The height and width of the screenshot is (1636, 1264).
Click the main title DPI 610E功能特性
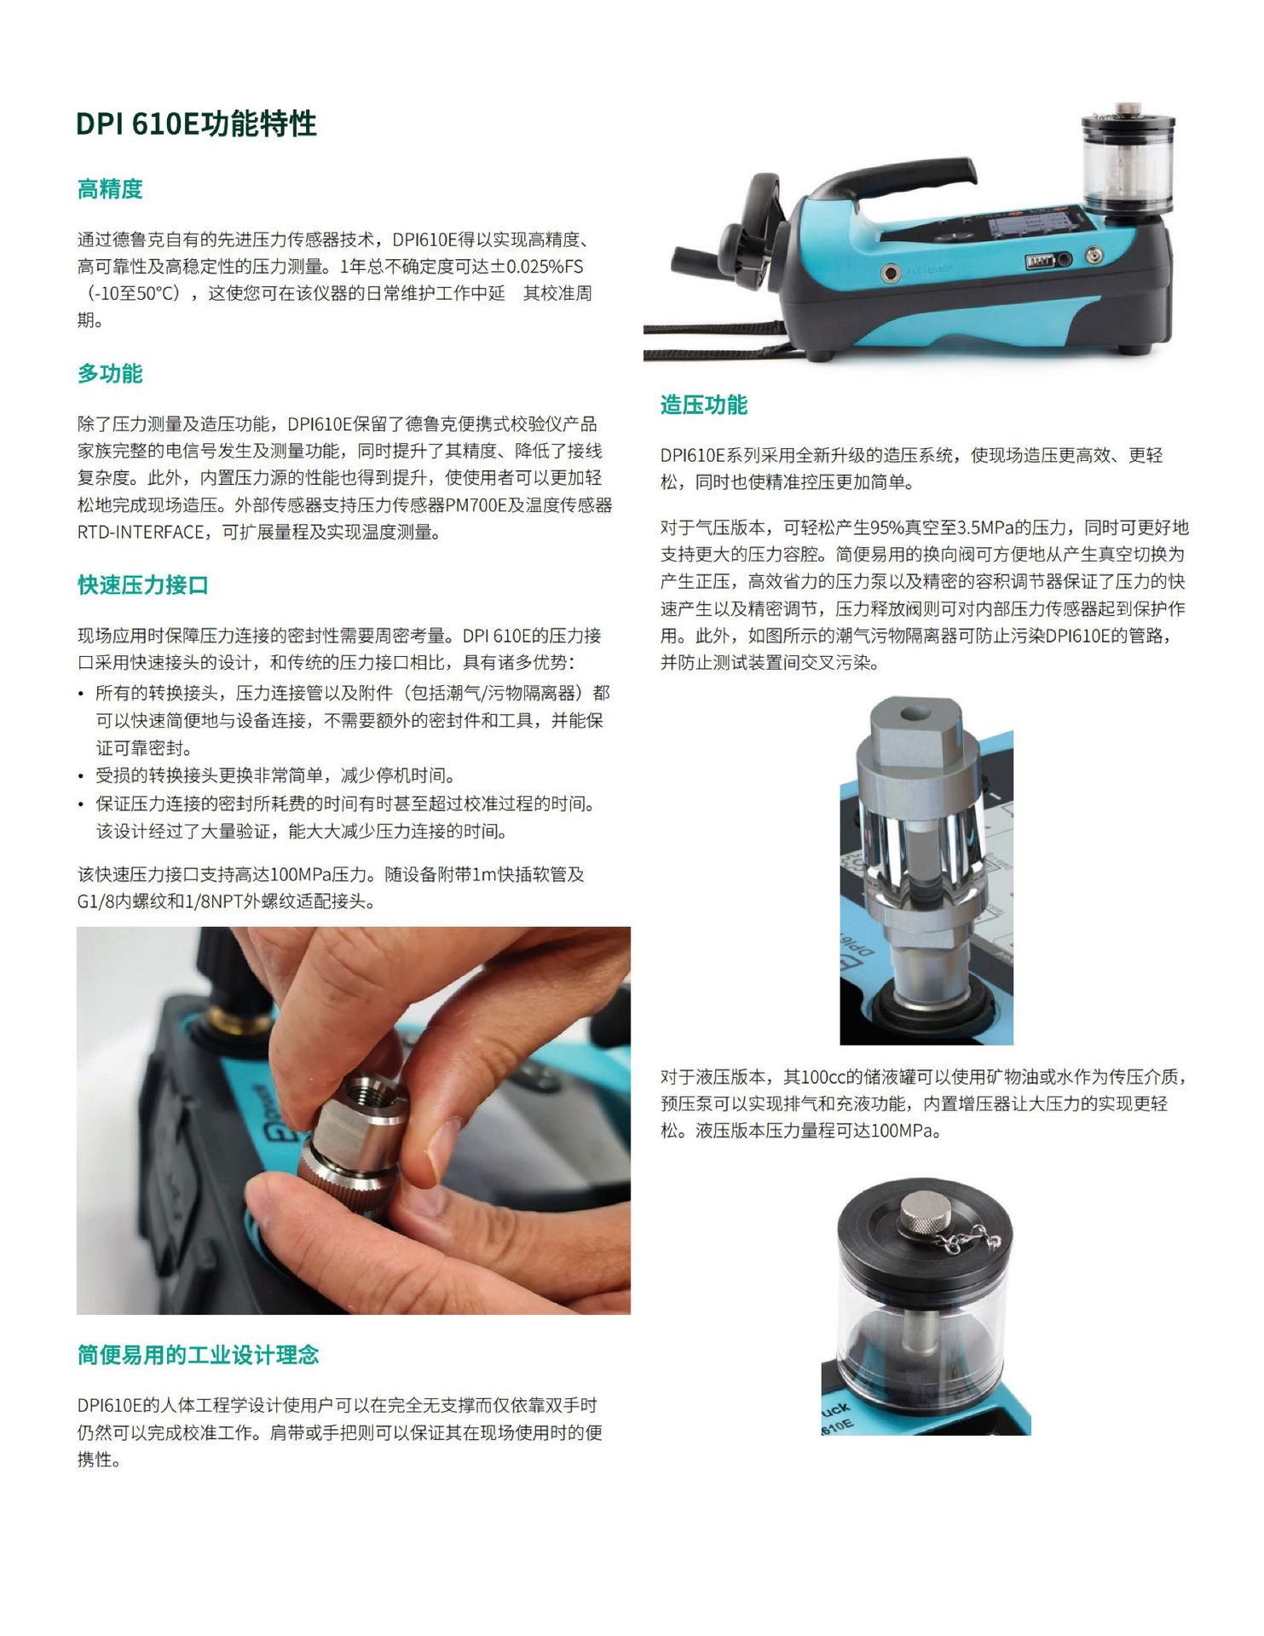tap(196, 124)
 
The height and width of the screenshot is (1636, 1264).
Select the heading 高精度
tap(110, 189)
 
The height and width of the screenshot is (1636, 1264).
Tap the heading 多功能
tap(110, 373)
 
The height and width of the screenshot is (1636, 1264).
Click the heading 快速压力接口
tap(142, 585)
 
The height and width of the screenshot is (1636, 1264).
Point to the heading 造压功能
tap(703, 405)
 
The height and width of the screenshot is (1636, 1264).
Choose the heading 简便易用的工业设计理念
tap(198, 1355)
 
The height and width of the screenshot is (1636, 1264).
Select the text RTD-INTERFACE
tap(141, 533)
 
